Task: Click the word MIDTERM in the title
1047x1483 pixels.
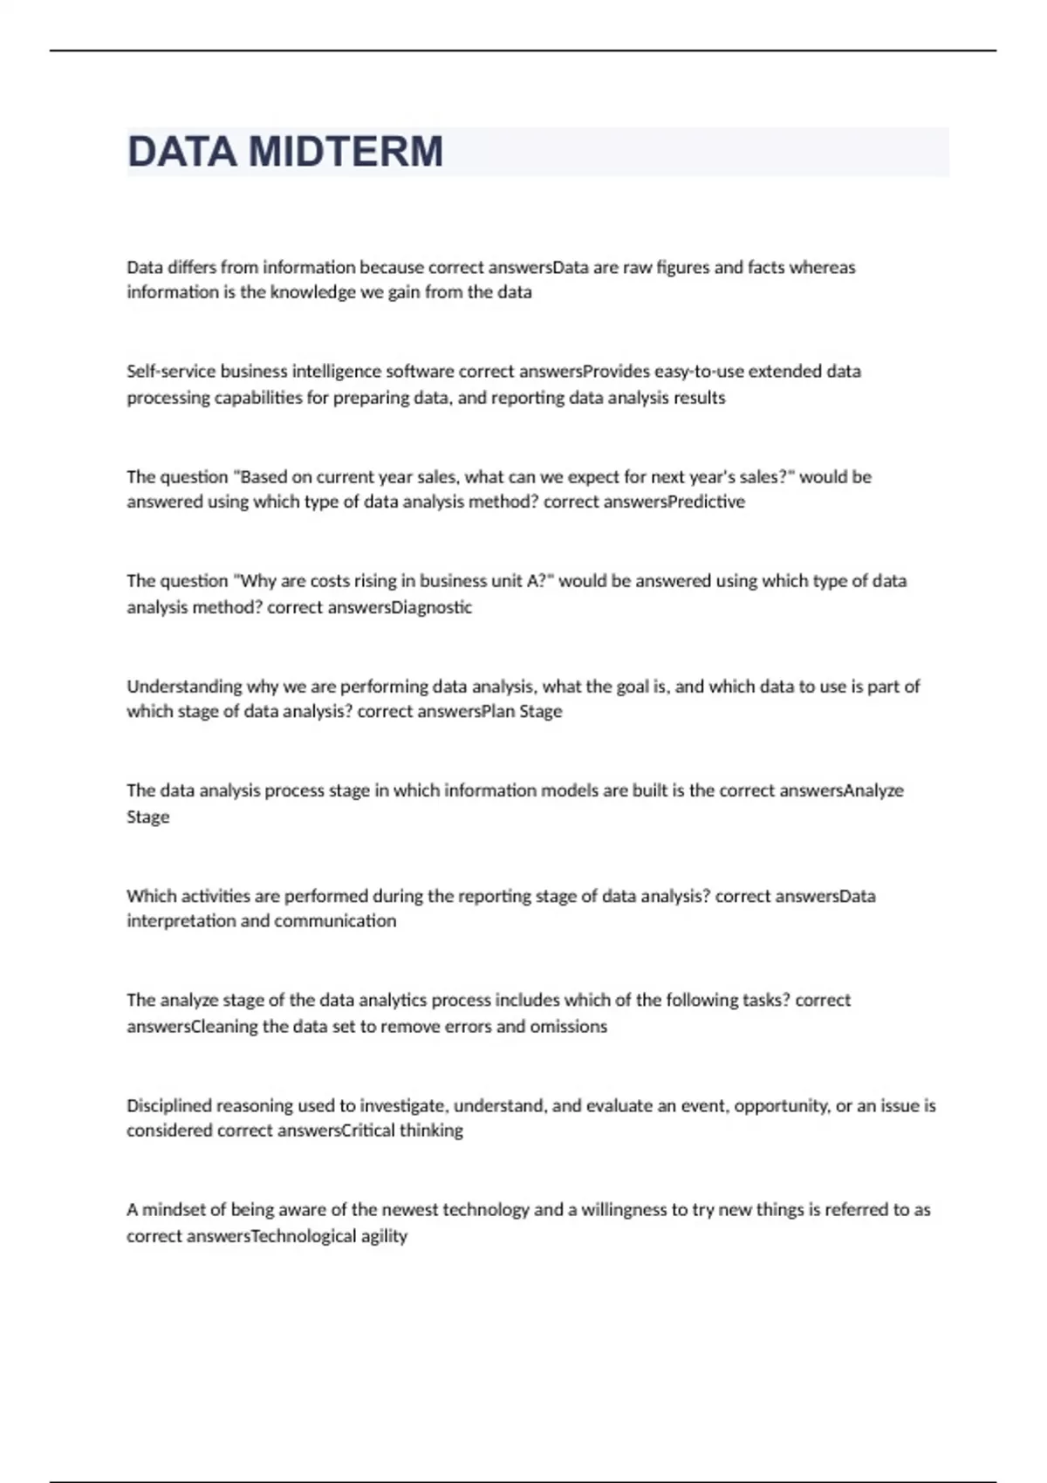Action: pyautogui.click(x=346, y=152)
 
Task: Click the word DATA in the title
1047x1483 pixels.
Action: pyautogui.click(x=181, y=152)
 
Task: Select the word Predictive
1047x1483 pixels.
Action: pyautogui.click(x=706, y=502)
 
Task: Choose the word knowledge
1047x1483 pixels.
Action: pyautogui.click(x=313, y=292)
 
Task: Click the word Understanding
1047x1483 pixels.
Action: pyautogui.click(x=184, y=687)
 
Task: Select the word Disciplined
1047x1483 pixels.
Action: pyautogui.click(x=169, y=1106)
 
